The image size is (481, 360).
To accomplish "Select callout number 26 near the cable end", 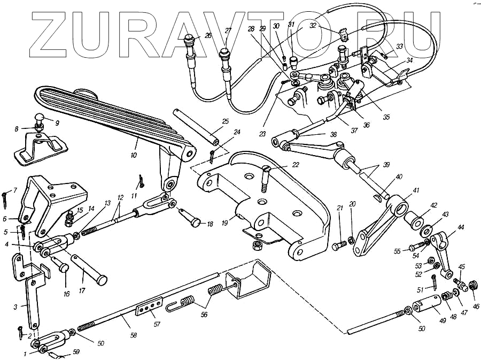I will (x=208, y=35).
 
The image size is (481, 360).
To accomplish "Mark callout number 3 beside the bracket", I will (x=17, y=306).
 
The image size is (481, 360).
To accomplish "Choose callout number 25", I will (x=225, y=121).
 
